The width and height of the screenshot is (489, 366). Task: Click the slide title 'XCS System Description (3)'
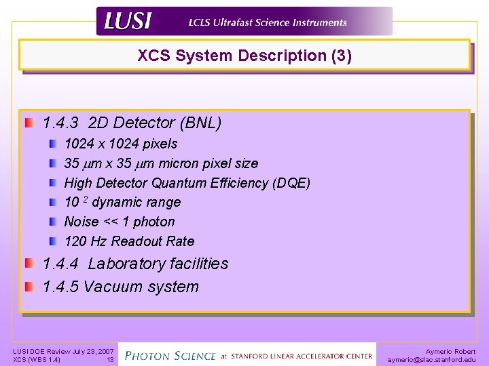point(244,56)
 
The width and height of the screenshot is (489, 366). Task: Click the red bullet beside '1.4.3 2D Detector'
point(29,123)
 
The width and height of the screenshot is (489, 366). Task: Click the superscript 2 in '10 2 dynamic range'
point(86,200)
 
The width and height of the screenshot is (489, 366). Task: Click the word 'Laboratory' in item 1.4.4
point(126,264)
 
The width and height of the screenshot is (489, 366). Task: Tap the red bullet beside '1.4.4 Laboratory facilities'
point(29,264)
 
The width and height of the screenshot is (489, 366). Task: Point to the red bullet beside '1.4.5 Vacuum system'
point(29,287)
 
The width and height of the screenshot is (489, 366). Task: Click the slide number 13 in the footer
point(109,360)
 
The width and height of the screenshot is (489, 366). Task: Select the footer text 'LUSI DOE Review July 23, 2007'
point(64,351)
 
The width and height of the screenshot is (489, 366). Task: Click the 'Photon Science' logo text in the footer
point(170,354)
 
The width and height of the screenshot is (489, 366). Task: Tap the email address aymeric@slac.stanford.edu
point(432,360)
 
